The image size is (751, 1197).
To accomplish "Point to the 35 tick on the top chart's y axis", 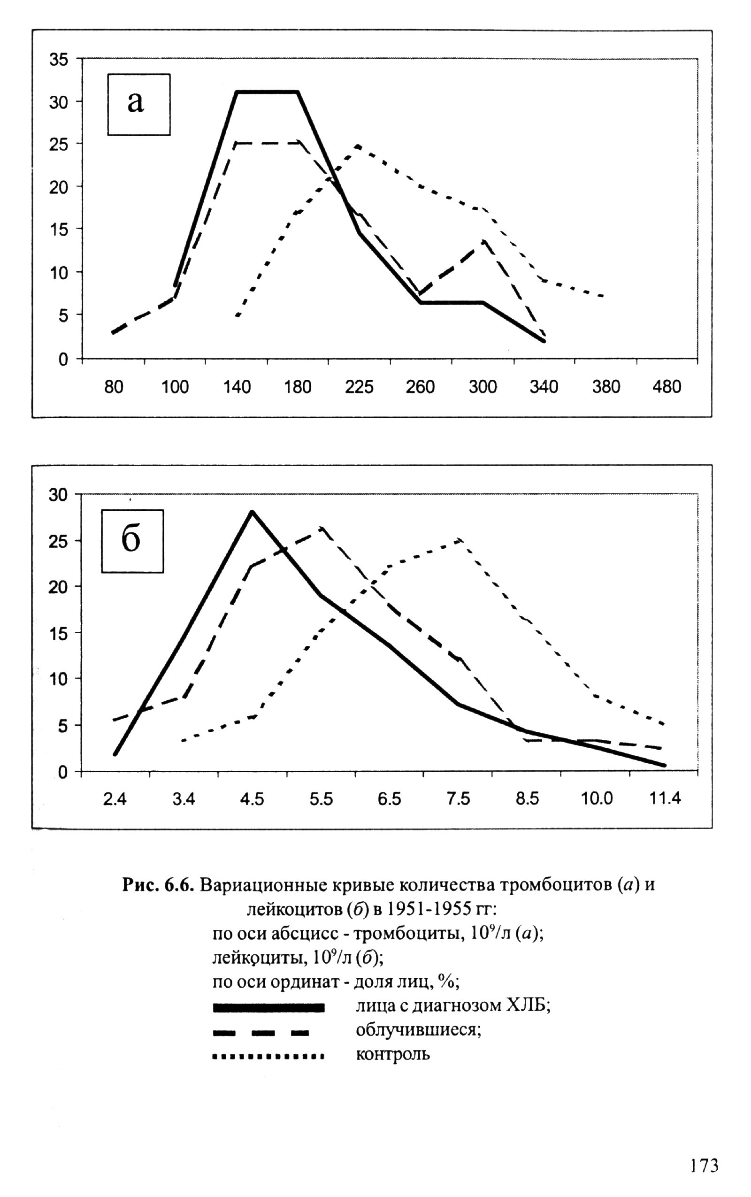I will click(x=59, y=60).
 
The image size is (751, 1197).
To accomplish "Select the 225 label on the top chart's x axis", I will click(x=359, y=387).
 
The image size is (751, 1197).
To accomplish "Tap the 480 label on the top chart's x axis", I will click(x=667, y=387).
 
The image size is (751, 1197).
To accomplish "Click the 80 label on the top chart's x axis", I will click(x=114, y=387).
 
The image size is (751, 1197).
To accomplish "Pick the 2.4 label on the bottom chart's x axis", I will click(x=115, y=798).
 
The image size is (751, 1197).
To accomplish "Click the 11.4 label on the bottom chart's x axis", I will click(x=666, y=798).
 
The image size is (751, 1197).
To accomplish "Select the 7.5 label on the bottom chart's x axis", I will click(x=459, y=798).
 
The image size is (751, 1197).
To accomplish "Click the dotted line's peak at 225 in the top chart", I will click(x=358, y=146).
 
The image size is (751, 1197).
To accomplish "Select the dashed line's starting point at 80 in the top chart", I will click(x=114, y=333).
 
